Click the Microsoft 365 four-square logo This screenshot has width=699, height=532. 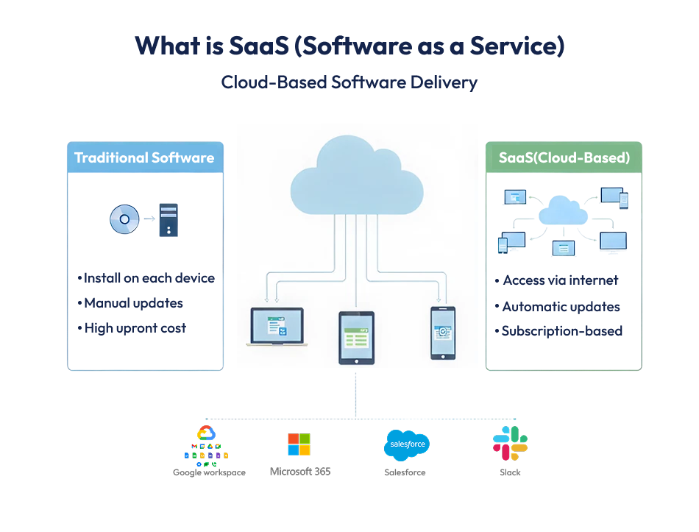[299, 444]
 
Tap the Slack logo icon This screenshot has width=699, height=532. [510, 443]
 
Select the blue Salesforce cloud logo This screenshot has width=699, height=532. [406, 444]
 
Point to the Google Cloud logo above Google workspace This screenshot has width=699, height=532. [206, 433]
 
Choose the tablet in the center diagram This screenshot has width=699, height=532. [356, 337]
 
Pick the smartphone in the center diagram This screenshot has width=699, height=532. [443, 333]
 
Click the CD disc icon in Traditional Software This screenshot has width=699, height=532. [124, 219]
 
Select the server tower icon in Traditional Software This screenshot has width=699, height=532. [168, 219]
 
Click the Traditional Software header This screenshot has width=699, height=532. [145, 157]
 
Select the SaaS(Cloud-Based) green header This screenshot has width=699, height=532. [564, 157]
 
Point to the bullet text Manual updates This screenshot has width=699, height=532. [133, 303]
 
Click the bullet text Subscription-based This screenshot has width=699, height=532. [561, 331]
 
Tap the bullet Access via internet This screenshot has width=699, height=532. [560, 280]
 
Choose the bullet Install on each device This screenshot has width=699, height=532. [149, 278]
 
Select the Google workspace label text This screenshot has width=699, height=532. [209, 472]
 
